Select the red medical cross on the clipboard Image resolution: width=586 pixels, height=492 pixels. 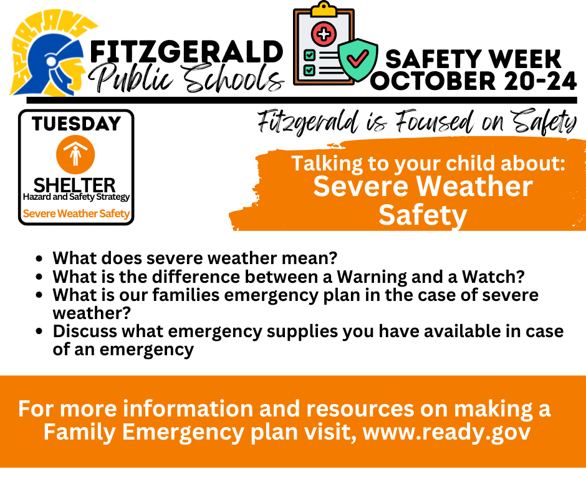(324, 34)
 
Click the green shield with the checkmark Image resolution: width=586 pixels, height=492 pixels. (357, 60)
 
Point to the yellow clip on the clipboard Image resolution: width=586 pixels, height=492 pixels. (324, 8)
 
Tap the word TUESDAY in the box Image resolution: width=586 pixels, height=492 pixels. (76, 124)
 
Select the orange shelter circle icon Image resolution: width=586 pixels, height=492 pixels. (75, 155)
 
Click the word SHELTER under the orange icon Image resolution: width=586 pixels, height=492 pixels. (75, 185)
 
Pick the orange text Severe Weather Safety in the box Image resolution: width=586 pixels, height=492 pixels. (76, 214)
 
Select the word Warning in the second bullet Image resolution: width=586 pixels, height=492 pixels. (372, 277)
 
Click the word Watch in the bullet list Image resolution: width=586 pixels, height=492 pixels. (493, 277)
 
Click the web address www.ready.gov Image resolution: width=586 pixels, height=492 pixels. (446, 432)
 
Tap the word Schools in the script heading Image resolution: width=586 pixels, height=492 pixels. (233, 78)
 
